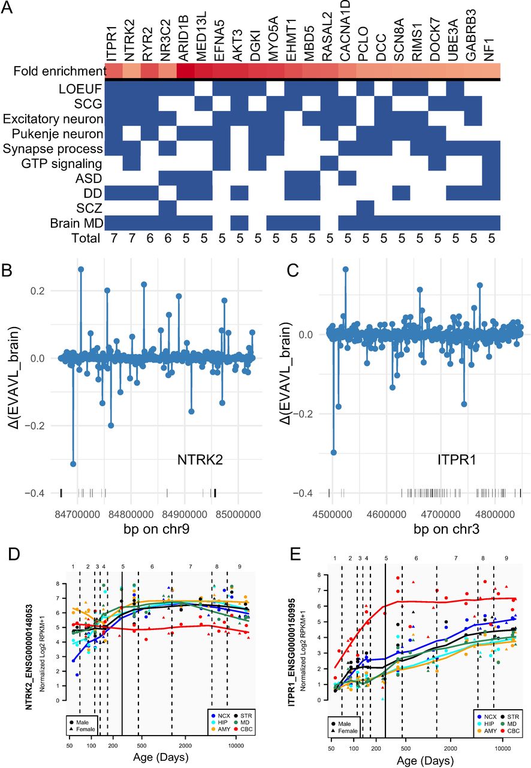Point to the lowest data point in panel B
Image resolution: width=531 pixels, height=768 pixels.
[73, 464]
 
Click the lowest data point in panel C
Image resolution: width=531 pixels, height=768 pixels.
[334, 452]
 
